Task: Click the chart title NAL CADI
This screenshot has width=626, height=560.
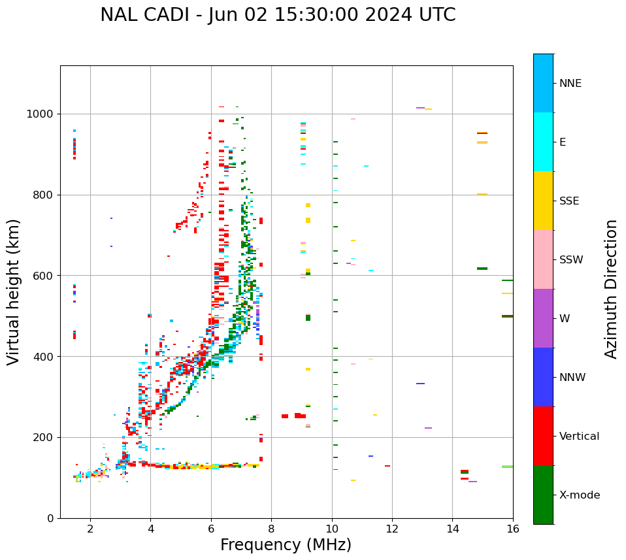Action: (278, 15)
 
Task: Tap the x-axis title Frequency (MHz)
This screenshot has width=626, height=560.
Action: (286, 545)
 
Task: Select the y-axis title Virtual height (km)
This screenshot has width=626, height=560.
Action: (14, 292)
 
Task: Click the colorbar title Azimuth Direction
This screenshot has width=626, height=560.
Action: (611, 289)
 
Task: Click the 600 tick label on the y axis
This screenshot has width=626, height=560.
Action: (44, 275)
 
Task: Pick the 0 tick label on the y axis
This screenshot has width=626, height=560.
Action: (50, 518)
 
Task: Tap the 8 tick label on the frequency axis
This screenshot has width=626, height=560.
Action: (271, 529)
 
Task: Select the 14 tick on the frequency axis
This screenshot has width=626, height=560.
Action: (452, 529)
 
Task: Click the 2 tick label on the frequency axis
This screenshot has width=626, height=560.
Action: (90, 529)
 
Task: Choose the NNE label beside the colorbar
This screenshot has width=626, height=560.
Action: (570, 83)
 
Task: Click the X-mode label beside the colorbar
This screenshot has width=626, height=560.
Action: (580, 495)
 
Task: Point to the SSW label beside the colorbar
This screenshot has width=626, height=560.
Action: (571, 259)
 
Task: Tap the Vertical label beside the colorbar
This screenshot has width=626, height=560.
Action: (579, 436)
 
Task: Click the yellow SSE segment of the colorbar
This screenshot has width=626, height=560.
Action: (543, 201)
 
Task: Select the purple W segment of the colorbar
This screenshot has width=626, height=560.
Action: (543, 318)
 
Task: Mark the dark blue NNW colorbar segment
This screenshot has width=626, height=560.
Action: (543, 377)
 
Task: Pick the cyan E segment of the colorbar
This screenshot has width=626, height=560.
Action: (543, 142)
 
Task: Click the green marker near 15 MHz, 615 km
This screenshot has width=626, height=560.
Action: (482, 269)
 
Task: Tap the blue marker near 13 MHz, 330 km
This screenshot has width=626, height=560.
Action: (420, 384)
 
